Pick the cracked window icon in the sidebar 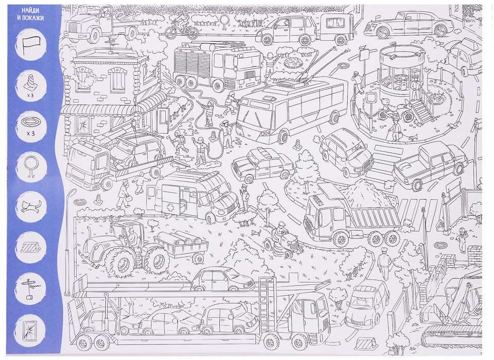pos(30,330)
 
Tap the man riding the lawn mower pos(281,231)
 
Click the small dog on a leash pos(413,136)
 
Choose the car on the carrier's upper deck pos(222,279)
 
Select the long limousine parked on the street pos(409,24)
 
